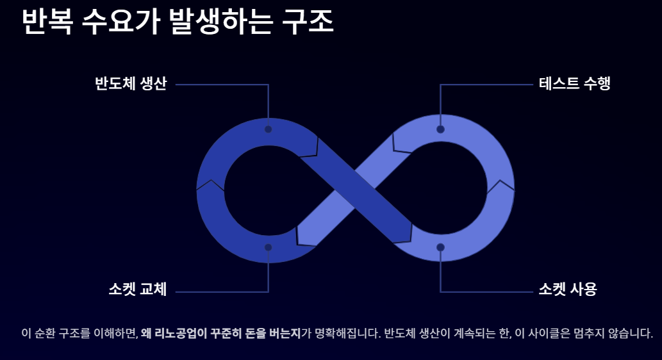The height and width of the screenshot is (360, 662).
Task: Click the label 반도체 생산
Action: [131, 84]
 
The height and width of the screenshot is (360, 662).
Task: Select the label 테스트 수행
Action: [574, 84]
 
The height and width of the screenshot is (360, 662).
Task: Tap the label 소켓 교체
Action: [137, 290]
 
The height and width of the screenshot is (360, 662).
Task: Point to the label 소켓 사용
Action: [567, 290]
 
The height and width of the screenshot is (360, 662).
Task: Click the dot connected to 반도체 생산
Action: [269, 129]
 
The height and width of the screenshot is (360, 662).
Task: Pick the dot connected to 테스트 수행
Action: [440, 129]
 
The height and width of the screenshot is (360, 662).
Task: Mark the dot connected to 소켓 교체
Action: [269, 247]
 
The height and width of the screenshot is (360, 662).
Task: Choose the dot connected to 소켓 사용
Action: [440, 247]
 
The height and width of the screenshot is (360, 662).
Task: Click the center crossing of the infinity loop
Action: [355, 189]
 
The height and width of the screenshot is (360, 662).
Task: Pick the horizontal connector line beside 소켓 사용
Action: [487, 292]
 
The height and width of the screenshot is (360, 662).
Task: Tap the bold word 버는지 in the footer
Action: [285, 334]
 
